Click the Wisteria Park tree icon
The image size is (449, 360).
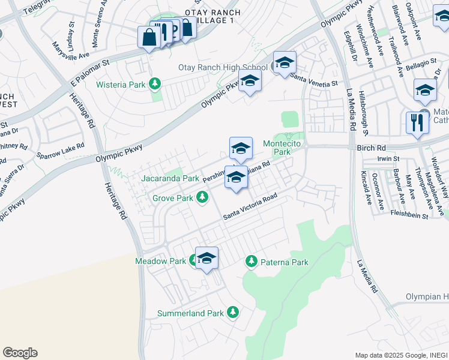(x=155, y=84)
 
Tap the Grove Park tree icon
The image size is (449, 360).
(x=203, y=197)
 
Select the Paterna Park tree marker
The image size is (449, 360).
(x=251, y=262)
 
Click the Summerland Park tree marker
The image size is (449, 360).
(x=233, y=313)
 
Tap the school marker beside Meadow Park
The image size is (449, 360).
(x=206, y=258)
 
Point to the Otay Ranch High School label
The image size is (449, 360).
(x=223, y=67)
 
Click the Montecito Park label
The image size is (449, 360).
(x=277, y=148)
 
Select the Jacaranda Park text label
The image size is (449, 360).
(x=170, y=178)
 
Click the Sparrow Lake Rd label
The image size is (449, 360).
(x=62, y=148)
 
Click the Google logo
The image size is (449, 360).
(x=20, y=353)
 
